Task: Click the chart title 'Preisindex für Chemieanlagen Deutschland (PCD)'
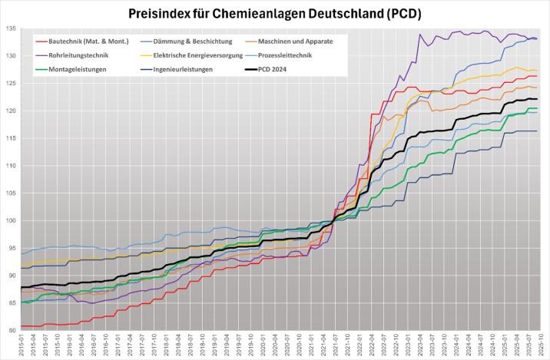click(x=275, y=12)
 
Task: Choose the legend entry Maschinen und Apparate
click(x=296, y=41)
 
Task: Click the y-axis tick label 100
click(x=11, y=220)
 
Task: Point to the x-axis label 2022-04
click(x=372, y=345)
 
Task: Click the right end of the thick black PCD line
click(x=536, y=99)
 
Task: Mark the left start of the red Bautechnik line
click(x=21, y=326)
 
